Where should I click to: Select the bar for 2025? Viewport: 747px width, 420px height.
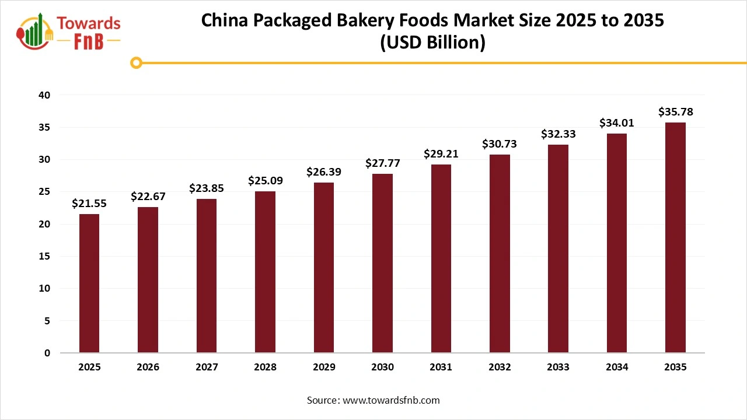click(x=89, y=283)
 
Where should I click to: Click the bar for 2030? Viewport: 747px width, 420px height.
click(x=382, y=264)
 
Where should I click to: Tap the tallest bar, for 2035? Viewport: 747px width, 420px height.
click(x=675, y=238)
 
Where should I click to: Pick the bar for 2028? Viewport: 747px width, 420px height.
click(x=265, y=272)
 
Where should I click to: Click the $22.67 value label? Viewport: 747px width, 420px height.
click(x=148, y=197)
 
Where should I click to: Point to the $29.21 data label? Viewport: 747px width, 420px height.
click(x=441, y=154)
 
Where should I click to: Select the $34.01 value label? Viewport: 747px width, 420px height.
click(x=617, y=123)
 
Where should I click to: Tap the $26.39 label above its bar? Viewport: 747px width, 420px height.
click(x=324, y=172)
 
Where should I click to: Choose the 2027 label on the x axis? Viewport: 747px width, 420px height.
click(x=207, y=367)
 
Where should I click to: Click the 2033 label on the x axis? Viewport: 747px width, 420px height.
click(x=558, y=367)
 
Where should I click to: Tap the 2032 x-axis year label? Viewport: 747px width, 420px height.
click(x=500, y=367)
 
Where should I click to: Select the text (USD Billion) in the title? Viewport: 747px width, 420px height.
click(x=432, y=43)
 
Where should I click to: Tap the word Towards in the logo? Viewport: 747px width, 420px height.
click(x=89, y=23)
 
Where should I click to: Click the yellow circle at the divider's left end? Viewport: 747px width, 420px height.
click(x=136, y=62)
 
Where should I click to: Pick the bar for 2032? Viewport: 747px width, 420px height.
click(x=500, y=254)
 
